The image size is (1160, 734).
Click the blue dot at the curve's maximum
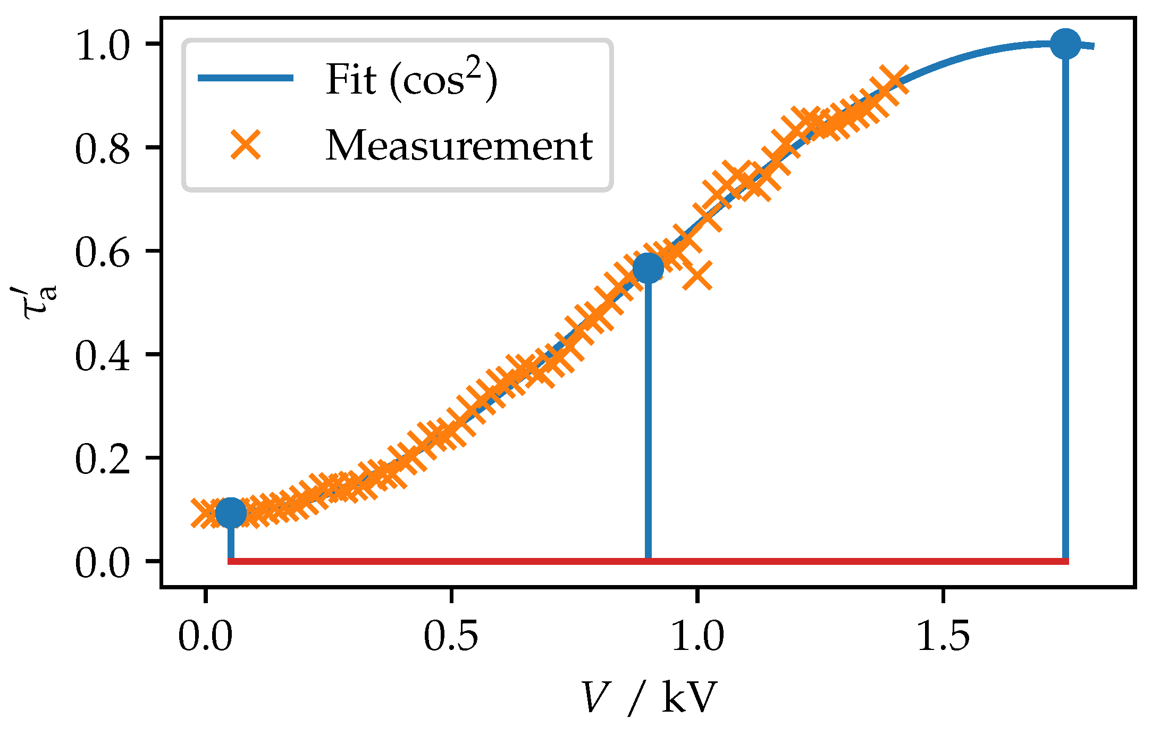click(x=1065, y=44)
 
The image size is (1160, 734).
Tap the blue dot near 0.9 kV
click(x=648, y=268)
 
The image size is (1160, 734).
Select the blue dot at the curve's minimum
click(x=231, y=513)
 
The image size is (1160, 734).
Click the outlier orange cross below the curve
click(x=697, y=276)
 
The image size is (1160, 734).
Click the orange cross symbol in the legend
click(x=246, y=144)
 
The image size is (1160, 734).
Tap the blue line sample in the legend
click(x=246, y=78)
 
